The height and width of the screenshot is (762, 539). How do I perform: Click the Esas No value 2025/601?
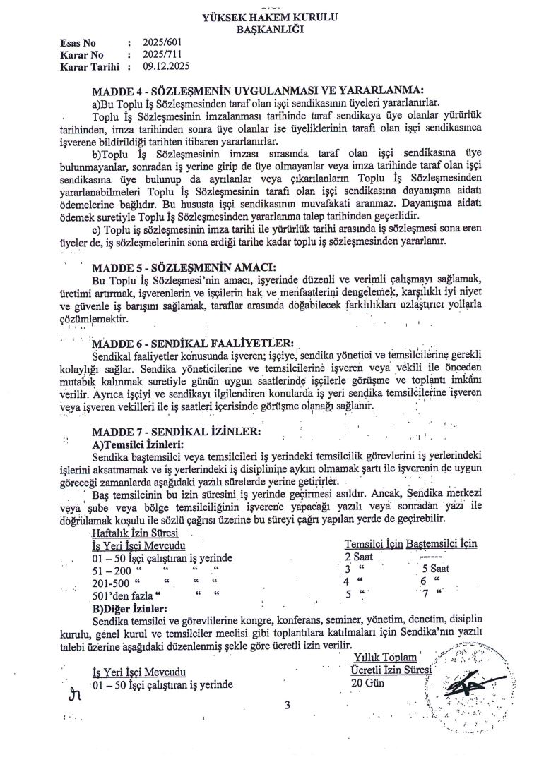click(x=162, y=42)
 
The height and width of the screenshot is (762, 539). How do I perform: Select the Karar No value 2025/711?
click(x=162, y=54)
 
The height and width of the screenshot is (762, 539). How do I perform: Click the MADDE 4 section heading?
click(x=258, y=90)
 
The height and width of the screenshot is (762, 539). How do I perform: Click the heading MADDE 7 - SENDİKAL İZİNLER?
click(x=177, y=431)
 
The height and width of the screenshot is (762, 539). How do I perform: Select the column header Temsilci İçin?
click(x=374, y=544)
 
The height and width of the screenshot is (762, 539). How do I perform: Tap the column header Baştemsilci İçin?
click(x=442, y=544)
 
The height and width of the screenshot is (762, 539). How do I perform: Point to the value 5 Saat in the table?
click(x=436, y=569)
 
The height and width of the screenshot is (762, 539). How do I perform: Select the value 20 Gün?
click(x=365, y=683)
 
